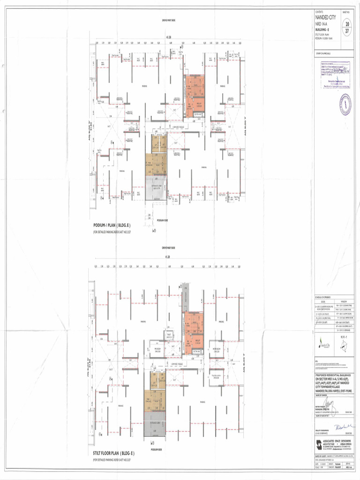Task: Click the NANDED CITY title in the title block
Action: click(329, 17)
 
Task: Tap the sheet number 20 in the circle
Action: click(346, 24)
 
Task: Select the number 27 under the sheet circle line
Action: click(346, 31)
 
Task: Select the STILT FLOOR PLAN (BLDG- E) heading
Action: click(114, 454)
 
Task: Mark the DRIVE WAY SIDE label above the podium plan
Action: click(169, 21)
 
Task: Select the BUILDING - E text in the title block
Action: click(324, 29)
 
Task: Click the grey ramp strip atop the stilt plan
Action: click(185, 291)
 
